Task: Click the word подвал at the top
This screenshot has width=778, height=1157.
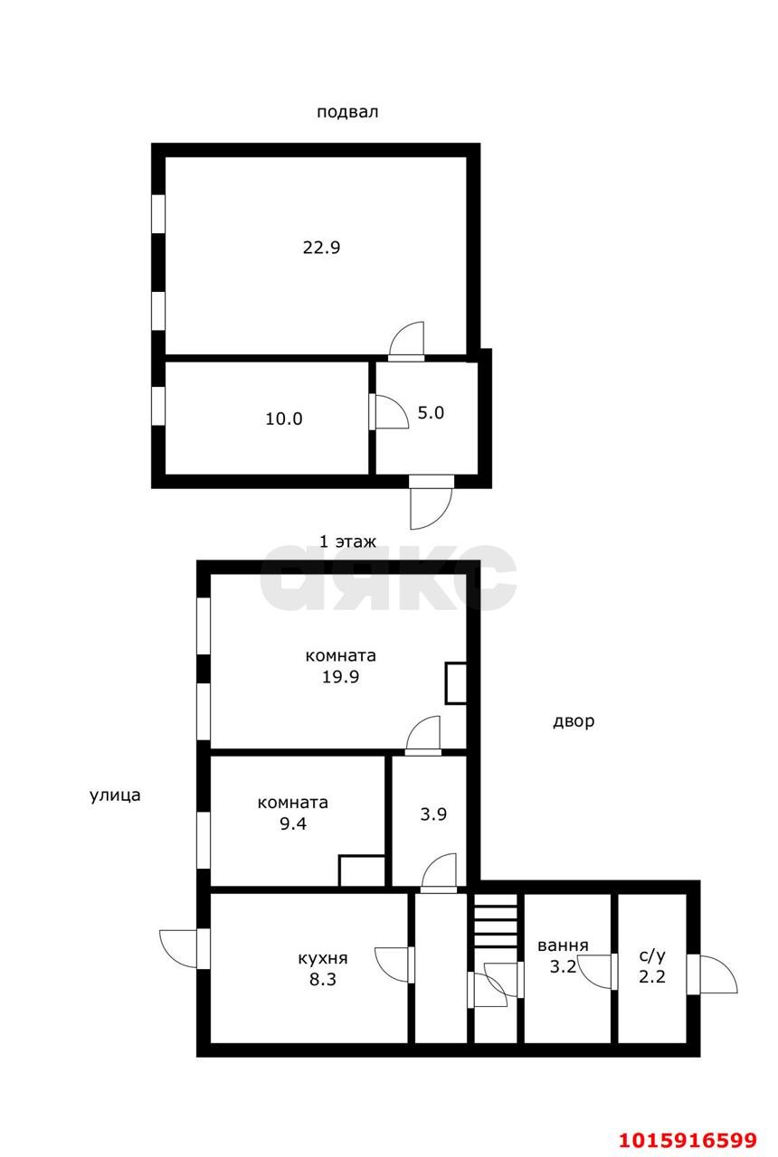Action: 347,113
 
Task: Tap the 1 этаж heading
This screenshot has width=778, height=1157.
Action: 347,541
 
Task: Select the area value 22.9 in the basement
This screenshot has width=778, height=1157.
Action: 321,247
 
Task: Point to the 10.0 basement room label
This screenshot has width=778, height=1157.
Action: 284,419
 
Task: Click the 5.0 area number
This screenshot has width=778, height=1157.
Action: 431,413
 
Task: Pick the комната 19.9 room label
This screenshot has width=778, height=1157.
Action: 341,666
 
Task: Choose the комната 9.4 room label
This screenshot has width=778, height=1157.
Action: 293,813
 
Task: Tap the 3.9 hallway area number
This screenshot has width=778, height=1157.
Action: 434,814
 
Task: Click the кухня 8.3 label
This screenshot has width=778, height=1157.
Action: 323,968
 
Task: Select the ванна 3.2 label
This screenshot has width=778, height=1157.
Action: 563,955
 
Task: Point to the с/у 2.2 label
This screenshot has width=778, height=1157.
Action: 652,965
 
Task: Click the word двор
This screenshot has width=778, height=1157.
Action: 574,721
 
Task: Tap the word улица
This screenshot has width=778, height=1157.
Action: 115,795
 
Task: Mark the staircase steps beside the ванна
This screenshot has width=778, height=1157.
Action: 496,920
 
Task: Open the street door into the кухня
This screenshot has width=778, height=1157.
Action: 184,947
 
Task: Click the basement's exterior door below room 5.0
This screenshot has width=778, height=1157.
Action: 430,500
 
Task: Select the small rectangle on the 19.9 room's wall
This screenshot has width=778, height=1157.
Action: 456,683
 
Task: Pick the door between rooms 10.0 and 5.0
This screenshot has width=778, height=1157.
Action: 387,412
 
